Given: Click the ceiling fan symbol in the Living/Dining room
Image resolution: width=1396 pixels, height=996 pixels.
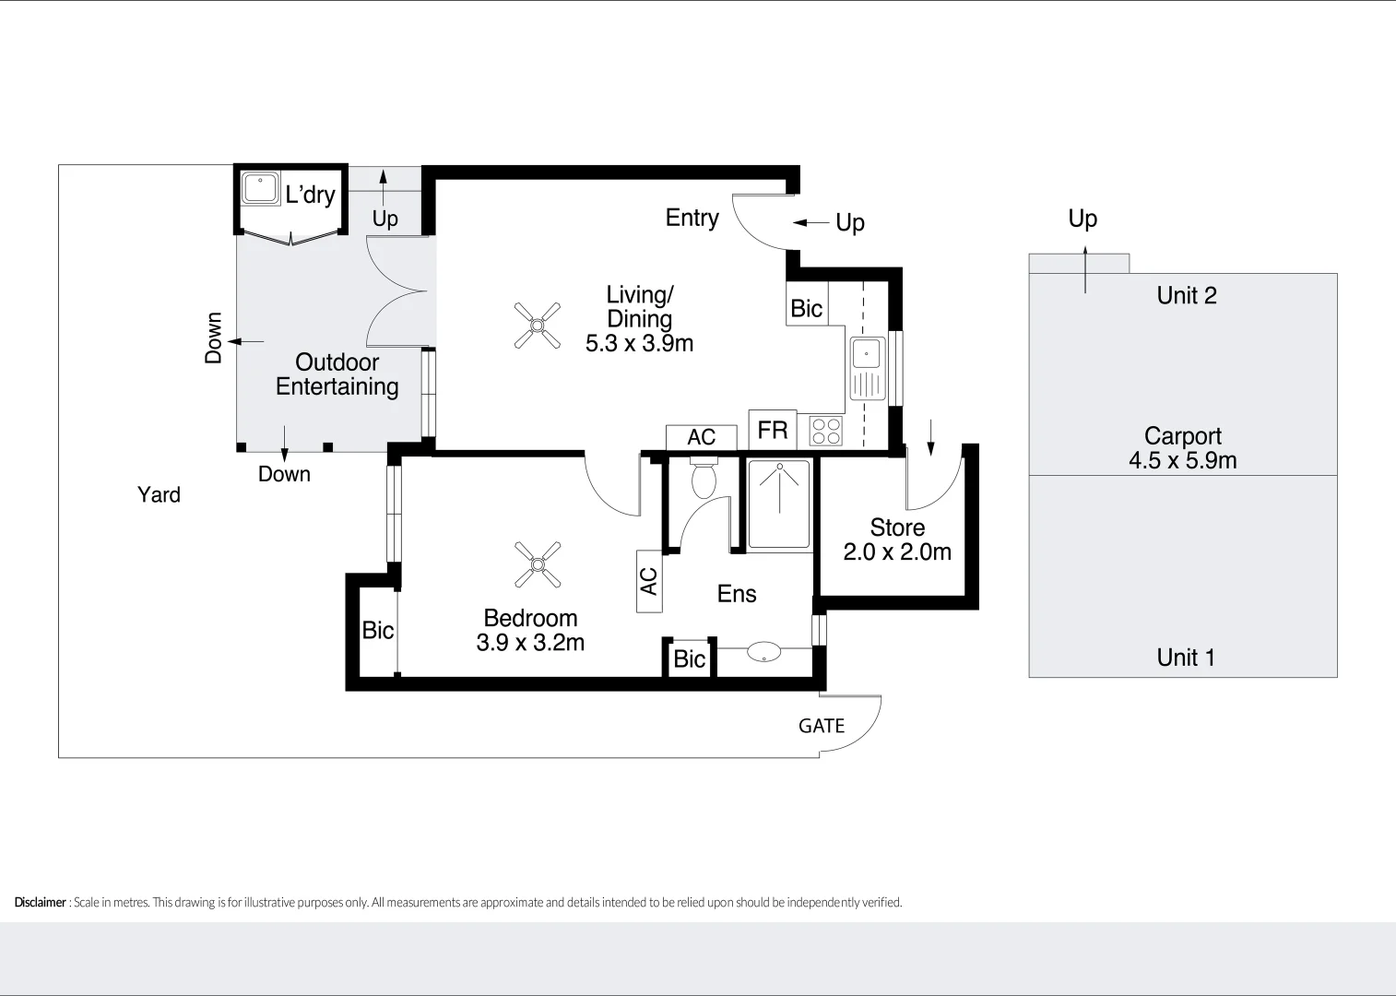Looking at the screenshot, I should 538,326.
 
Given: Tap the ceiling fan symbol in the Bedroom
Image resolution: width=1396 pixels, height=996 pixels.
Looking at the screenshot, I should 538,564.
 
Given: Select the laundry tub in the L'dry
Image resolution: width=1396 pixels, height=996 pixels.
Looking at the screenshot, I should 260,188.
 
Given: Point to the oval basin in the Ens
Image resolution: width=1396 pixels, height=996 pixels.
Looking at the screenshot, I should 763,652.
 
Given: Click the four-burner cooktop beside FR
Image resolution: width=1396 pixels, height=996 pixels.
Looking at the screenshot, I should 825,431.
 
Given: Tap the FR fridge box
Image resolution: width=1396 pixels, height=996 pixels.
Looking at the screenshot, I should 773,430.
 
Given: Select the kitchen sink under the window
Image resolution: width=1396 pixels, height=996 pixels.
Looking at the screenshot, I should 867,367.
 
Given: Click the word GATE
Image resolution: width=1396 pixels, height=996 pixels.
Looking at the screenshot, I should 822,726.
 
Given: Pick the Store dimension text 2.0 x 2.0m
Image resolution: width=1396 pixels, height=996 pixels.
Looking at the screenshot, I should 897,551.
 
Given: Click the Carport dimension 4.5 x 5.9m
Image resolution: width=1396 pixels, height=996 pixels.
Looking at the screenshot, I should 1182,460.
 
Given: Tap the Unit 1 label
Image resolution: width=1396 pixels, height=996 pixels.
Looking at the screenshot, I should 1186,658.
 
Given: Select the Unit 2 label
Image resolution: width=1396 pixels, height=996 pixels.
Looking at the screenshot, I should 1187,295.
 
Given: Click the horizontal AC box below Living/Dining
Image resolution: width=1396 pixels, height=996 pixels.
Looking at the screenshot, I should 702,437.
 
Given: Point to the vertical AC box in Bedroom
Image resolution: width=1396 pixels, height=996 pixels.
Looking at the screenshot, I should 649,581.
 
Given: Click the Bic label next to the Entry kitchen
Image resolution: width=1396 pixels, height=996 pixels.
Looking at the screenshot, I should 807,308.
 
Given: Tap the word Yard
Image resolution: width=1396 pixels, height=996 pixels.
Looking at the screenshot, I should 159,494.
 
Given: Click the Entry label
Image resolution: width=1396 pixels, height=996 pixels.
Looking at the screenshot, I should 692,218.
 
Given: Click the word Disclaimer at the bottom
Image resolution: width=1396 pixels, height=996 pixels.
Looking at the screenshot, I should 40,902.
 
